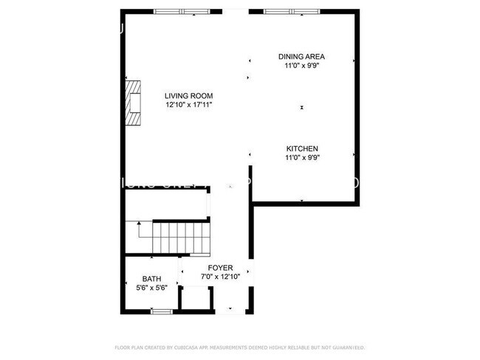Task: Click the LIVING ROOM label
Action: tap(189, 96)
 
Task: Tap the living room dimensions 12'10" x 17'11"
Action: tap(189, 105)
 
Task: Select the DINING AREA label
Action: tap(301, 57)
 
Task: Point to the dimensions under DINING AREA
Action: tap(301, 66)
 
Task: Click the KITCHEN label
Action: tap(301, 148)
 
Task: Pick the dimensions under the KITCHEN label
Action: tap(301, 157)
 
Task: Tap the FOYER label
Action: tap(221, 268)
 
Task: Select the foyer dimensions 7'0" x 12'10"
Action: tap(221, 277)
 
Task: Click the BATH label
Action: tap(151, 279)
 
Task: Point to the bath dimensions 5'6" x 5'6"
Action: tap(151, 288)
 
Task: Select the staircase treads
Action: tap(177, 239)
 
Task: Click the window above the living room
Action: tap(181, 11)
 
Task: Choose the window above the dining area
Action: tap(292, 11)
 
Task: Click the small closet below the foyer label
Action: tap(196, 299)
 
